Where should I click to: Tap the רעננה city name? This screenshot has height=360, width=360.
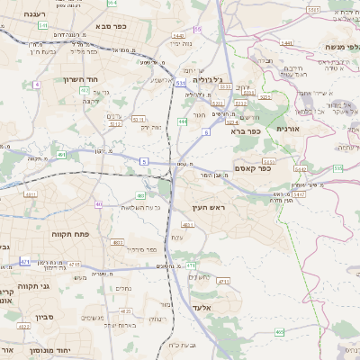pos(24,14)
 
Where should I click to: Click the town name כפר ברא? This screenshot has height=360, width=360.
pos(245,132)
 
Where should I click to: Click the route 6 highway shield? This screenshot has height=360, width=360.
pos(205,132)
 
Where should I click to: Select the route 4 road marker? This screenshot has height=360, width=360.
pos(37,84)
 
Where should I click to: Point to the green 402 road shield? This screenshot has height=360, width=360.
pos(62,156)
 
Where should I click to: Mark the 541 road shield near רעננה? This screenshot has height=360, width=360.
pos(43,26)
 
